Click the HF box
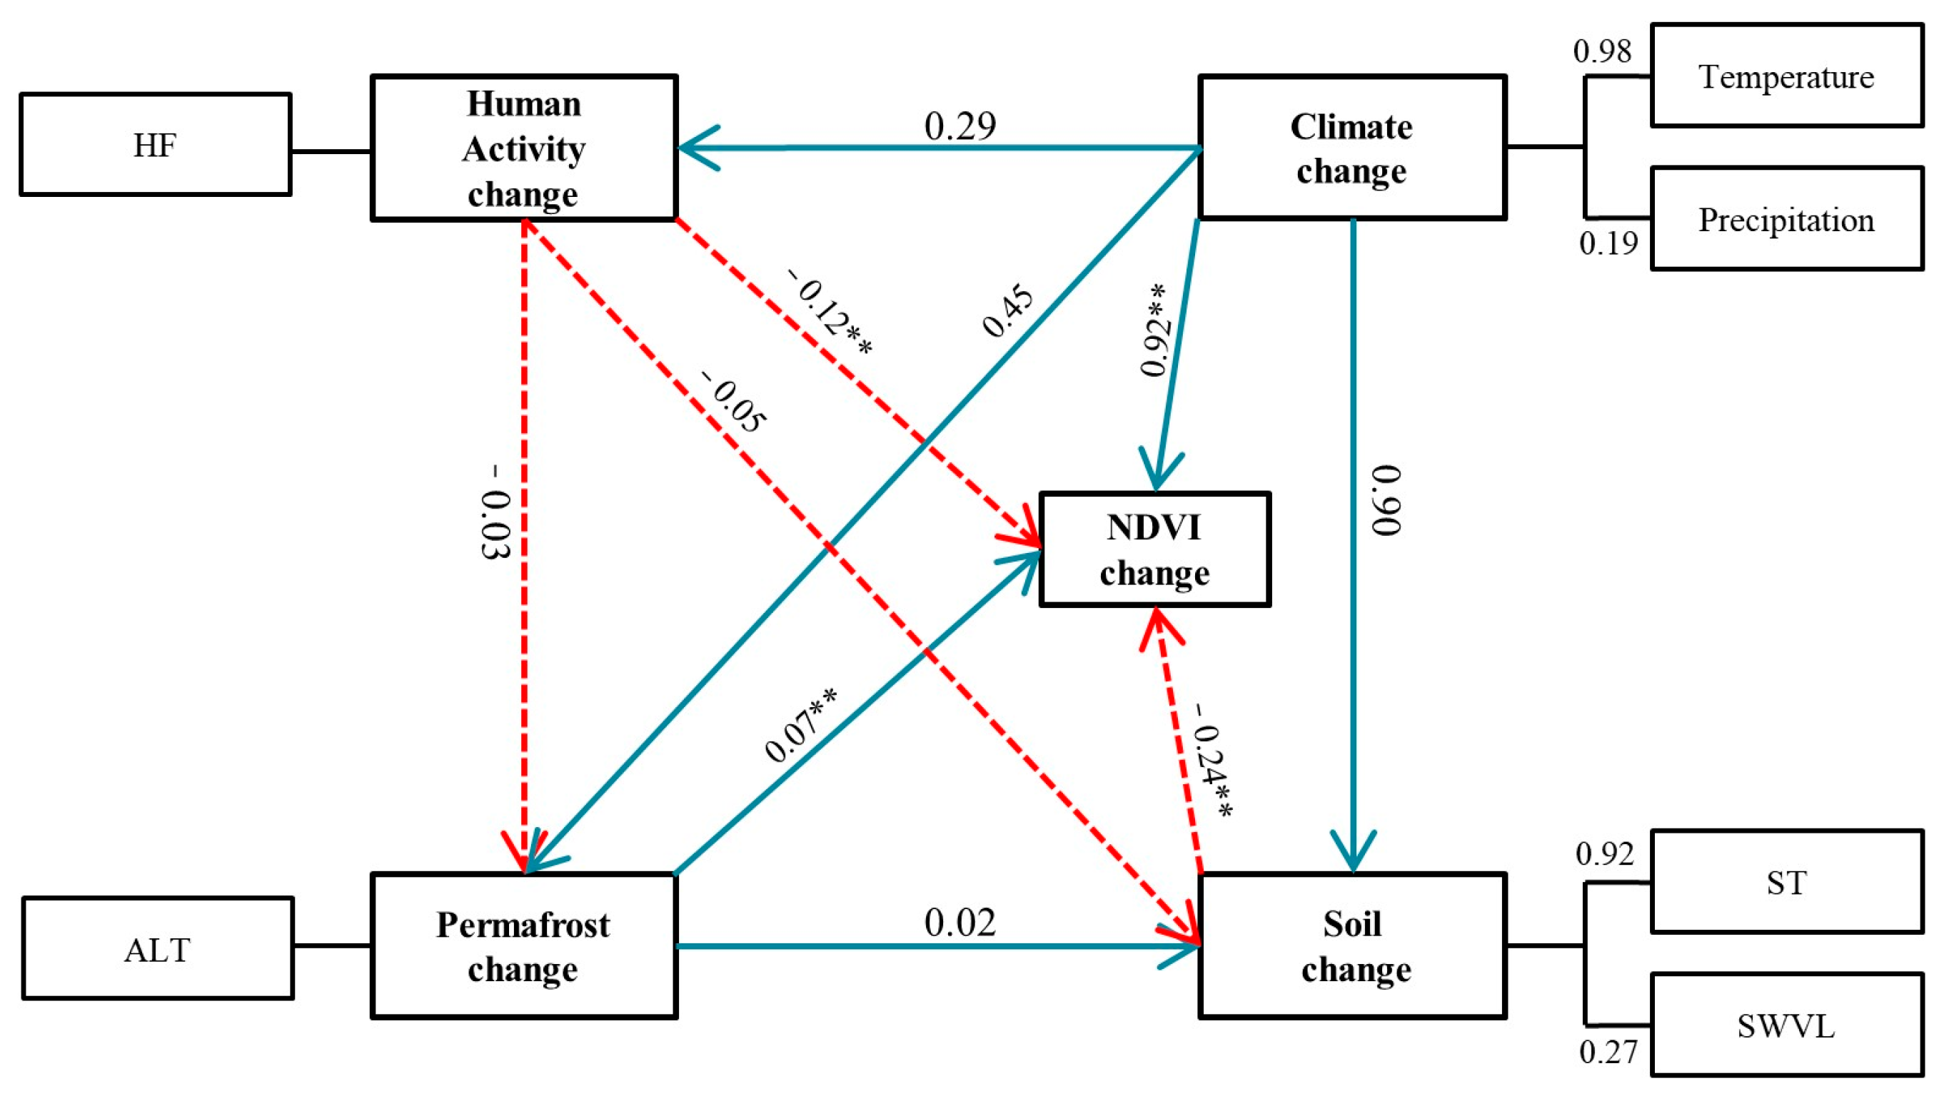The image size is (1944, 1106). click(155, 144)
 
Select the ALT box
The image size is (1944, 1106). click(157, 949)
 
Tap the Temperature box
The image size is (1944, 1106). click(1786, 75)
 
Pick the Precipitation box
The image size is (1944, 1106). click(1786, 219)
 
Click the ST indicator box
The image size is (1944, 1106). click(1786, 882)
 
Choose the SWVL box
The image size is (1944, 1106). click(1786, 1025)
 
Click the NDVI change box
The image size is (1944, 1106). click(1154, 549)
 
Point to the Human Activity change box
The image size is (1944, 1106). click(523, 148)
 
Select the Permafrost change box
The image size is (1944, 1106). click(523, 946)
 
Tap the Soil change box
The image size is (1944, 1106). click(1353, 946)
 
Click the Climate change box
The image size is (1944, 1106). click(1352, 148)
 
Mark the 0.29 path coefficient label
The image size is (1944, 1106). click(960, 126)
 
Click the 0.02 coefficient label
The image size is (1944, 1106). click(960, 923)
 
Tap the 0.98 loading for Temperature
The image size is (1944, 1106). click(1602, 51)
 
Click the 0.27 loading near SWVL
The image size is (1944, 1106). click(1608, 1052)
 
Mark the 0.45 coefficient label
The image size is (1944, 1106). click(1008, 310)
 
